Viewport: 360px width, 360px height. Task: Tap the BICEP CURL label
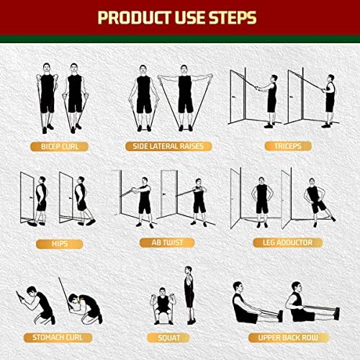60,146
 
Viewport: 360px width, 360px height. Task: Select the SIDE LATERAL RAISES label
168,146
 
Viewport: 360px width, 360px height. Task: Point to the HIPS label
60,243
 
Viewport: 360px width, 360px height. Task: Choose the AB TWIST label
168,243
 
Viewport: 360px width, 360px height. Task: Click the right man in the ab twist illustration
198,198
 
